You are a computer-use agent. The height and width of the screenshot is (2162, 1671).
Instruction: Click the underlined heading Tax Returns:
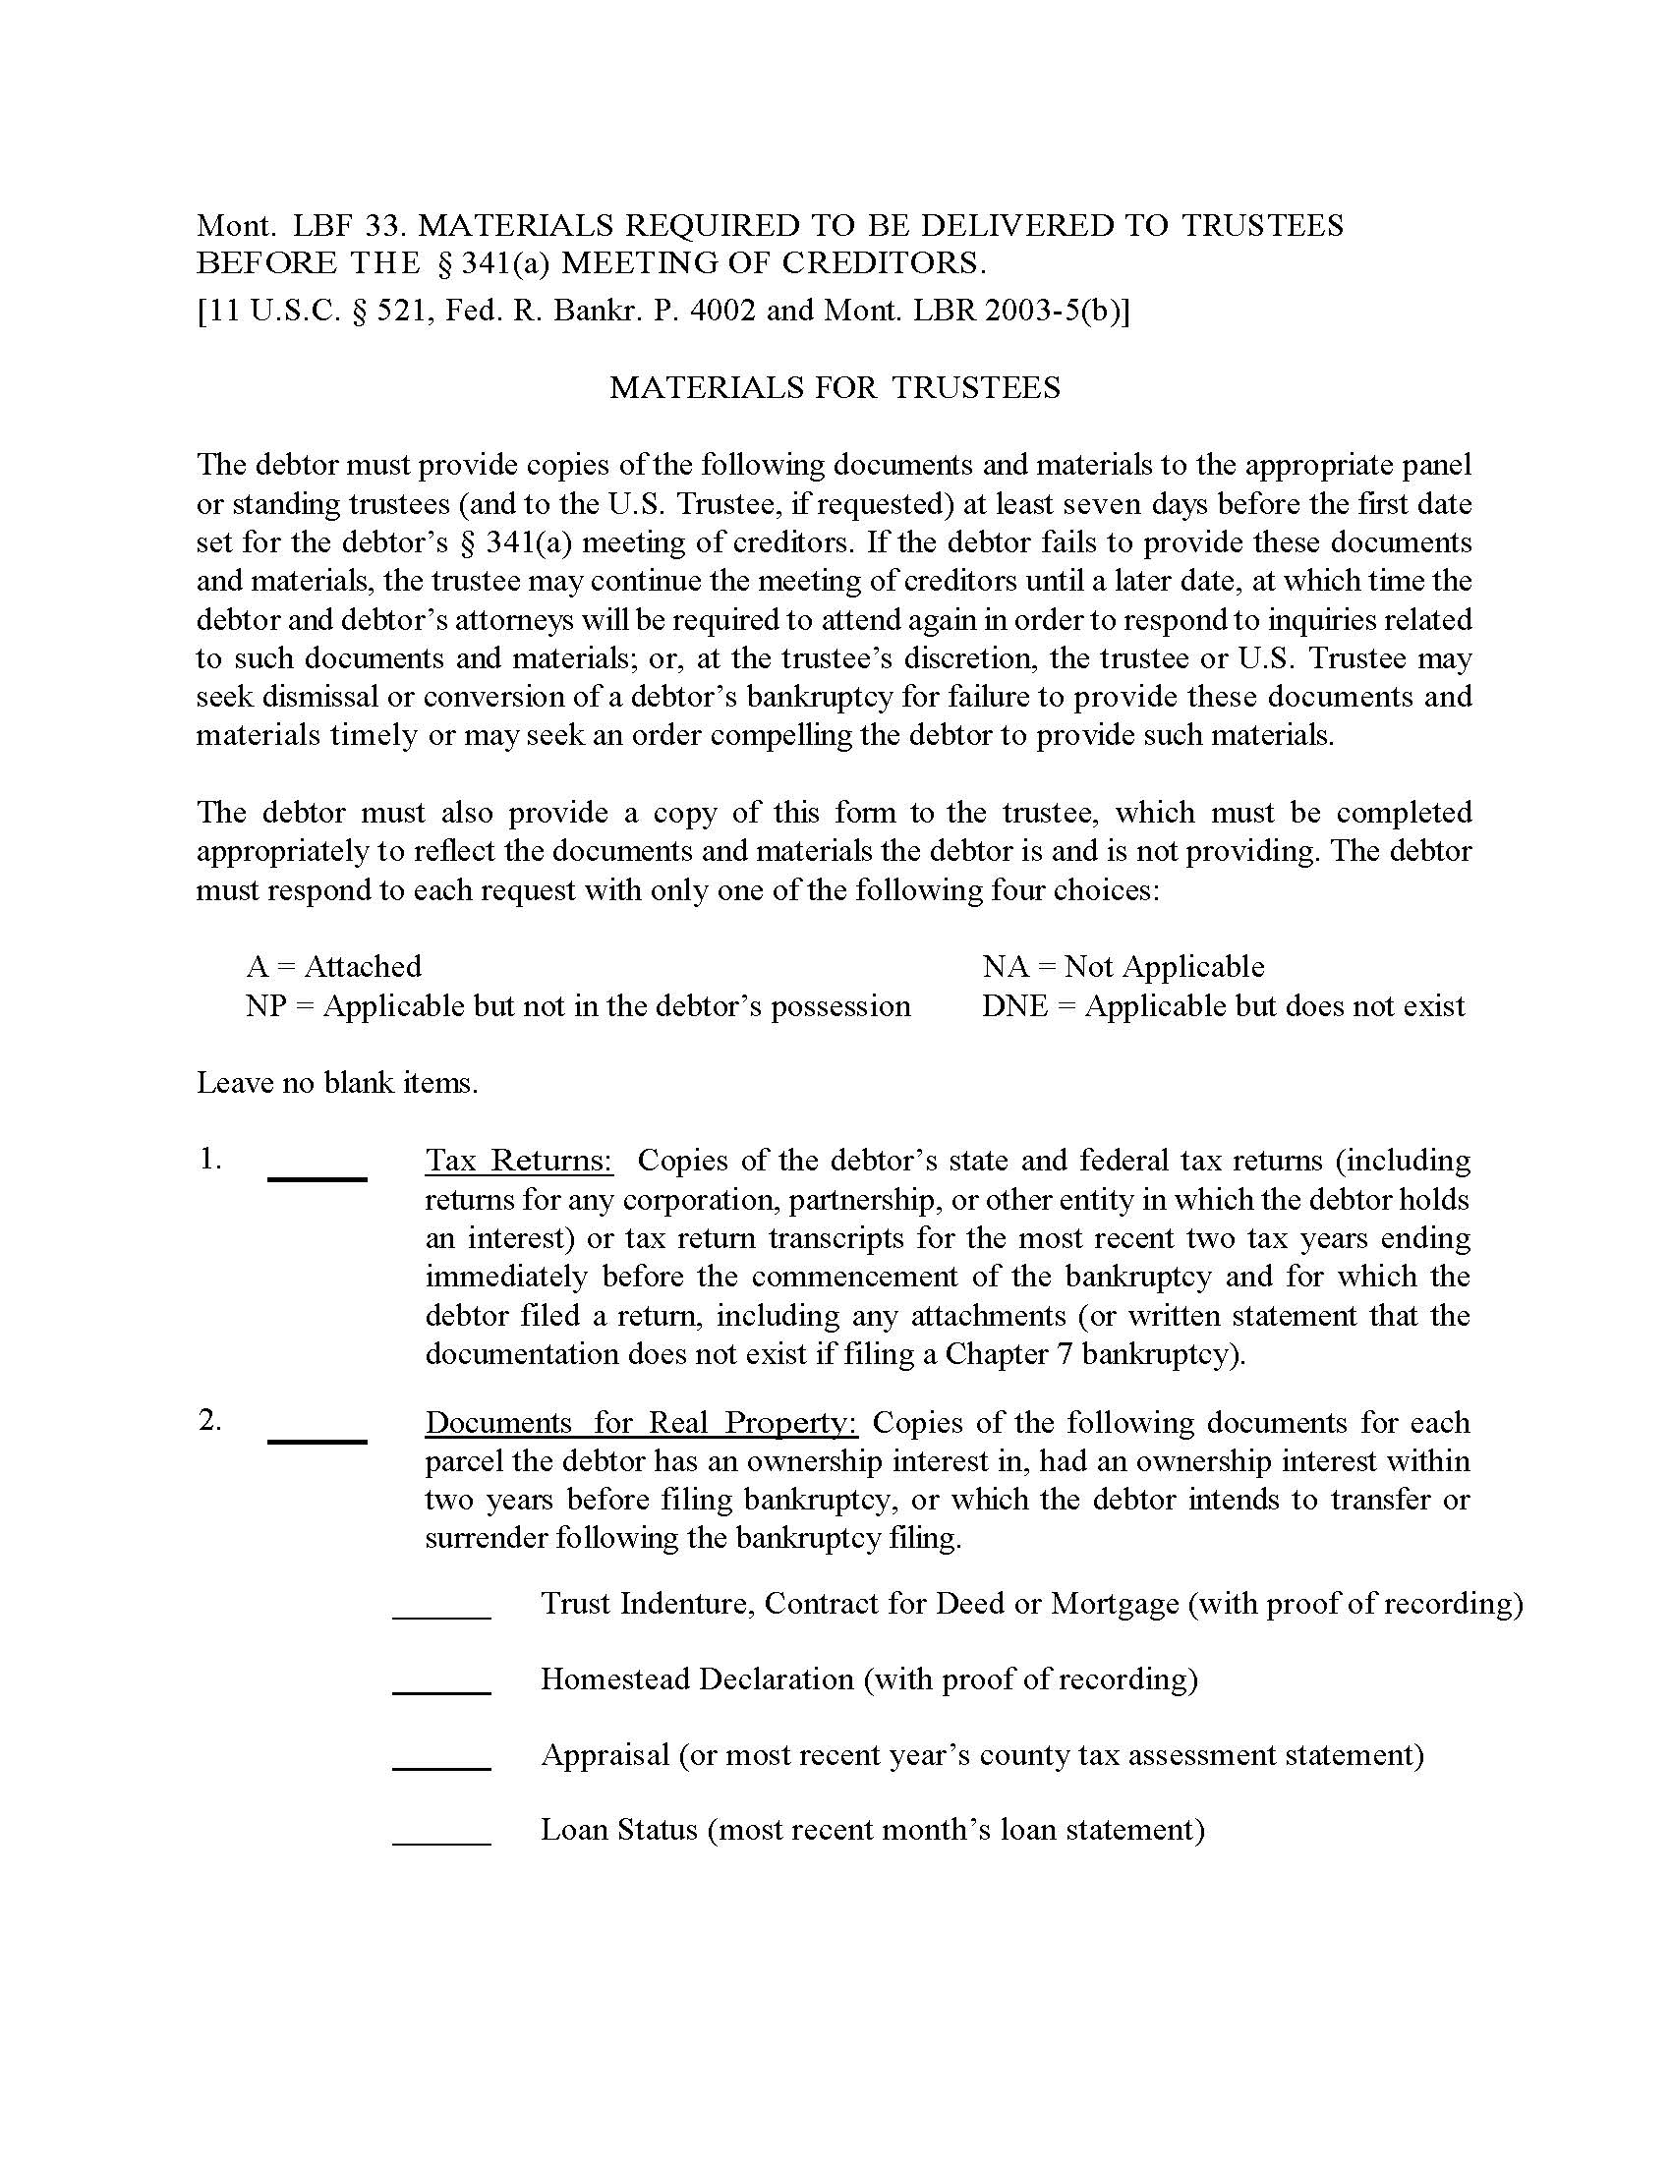coord(520,1161)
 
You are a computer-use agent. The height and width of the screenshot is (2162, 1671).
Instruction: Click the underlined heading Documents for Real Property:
coord(642,1423)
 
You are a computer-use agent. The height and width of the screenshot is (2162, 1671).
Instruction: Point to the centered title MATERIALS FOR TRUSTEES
coord(835,387)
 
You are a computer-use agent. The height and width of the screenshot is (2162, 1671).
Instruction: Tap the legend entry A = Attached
coord(333,966)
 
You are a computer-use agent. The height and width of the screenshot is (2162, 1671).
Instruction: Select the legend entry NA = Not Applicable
coord(1123,966)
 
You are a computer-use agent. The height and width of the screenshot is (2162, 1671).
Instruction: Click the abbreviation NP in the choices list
coord(265,1006)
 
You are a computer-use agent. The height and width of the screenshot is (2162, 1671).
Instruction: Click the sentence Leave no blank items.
coord(336,1083)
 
